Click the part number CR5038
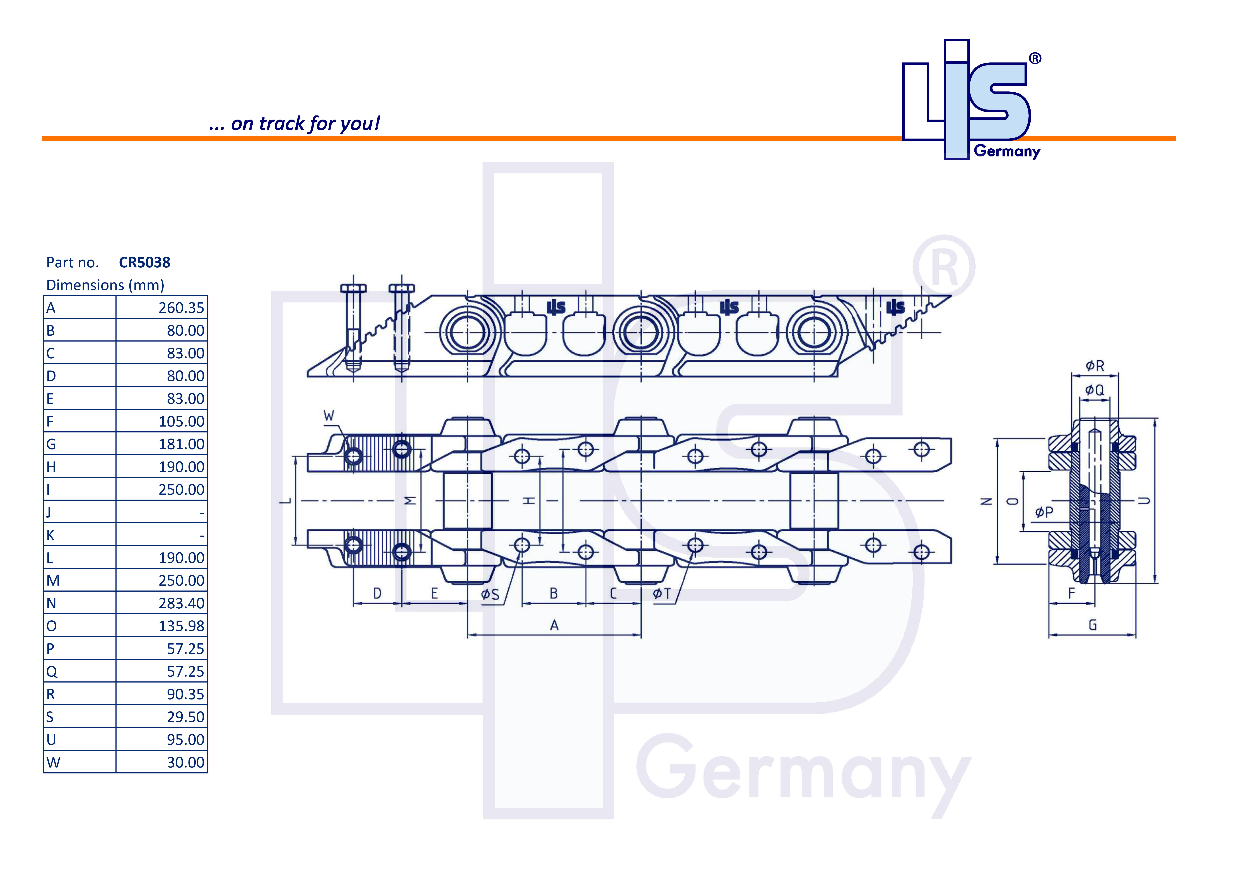coord(144,263)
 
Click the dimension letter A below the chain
coord(554,625)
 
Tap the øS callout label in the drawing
coord(490,594)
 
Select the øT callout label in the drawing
coord(662,594)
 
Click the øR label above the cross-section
coord(1095,366)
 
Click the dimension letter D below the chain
coord(377,594)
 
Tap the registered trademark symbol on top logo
coord(1035,59)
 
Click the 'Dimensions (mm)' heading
coord(105,285)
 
